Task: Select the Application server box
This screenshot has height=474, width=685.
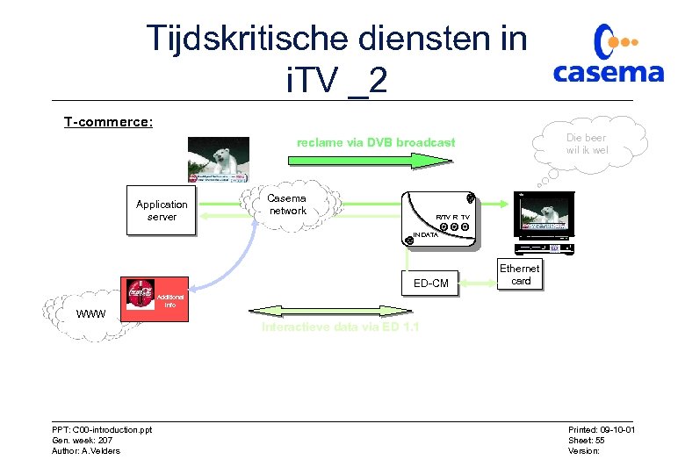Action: (162, 211)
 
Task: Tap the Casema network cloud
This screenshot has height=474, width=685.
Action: (288, 205)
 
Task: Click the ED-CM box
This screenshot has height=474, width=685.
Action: (430, 283)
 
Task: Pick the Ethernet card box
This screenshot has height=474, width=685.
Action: (521, 275)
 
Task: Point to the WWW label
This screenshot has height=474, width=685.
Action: (90, 314)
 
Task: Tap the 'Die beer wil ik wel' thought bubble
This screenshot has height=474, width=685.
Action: (587, 144)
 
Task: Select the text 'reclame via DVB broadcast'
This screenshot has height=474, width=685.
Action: (376, 142)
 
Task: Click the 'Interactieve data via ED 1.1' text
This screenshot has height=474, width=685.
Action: (340, 327)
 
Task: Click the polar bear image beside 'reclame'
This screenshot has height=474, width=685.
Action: (218, 161)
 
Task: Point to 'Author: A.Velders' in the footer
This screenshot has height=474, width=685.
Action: (86, 451)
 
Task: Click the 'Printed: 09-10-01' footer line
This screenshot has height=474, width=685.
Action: (602, 429)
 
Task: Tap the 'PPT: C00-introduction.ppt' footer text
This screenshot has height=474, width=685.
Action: (102, 429)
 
